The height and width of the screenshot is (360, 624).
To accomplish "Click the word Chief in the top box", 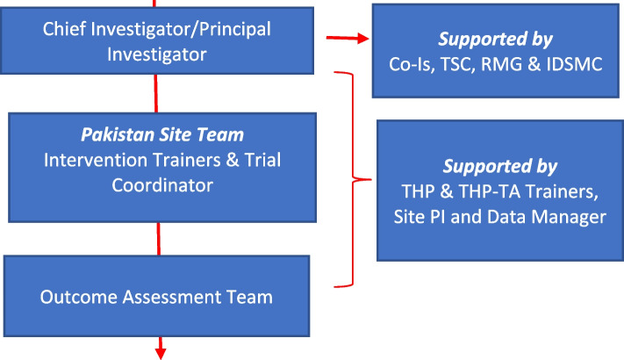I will pyautogui.click(x=62, y=29).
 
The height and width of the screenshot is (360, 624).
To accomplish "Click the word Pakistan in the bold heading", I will pyautogui.click(x=118, y=135).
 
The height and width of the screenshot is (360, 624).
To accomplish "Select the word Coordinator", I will pyautogui.click(x=162, y=185).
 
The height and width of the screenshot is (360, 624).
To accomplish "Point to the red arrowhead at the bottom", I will pyautogui.click(x=161, y=352).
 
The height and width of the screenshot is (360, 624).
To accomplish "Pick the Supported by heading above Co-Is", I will pyautogui.click(x=495, y=39).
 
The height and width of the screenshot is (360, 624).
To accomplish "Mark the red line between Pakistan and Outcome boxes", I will pyautogui.click(x=158, y=239).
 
